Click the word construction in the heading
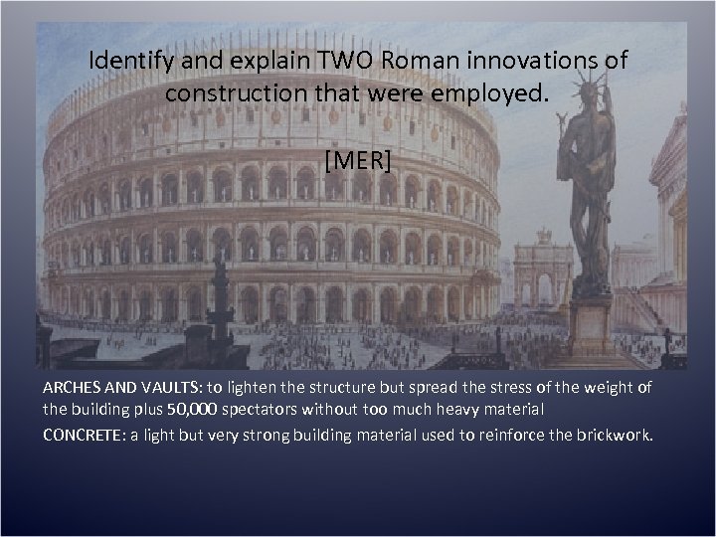click(224, 94)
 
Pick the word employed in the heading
click(503, 94)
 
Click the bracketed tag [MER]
click(358, 160)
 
